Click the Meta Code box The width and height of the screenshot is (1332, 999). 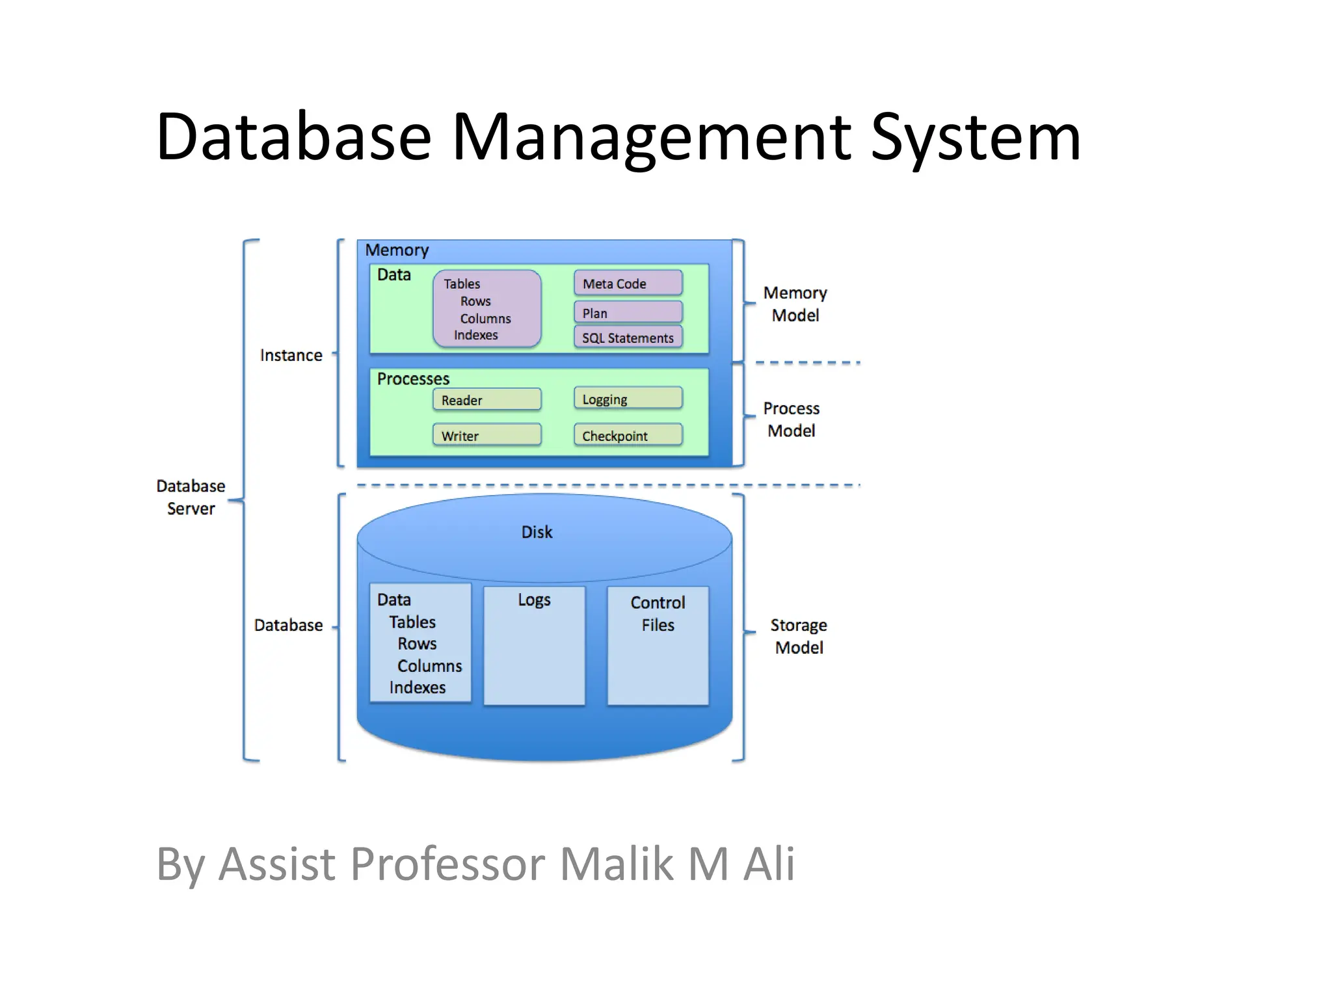628,283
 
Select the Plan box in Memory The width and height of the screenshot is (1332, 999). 628,312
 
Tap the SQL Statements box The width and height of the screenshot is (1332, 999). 628,337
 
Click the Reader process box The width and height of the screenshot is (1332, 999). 486,399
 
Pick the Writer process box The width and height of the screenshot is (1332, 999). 486,435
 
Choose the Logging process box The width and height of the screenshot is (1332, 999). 628,398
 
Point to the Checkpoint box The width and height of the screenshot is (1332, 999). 628,435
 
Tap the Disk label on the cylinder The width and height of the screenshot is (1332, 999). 537,532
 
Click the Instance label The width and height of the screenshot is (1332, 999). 291,355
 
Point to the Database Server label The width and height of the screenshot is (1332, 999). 191,497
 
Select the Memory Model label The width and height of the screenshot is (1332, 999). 794,304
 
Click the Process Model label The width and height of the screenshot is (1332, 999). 791,420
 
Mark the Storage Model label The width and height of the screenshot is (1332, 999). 799,636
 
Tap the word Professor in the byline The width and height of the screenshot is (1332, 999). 447,864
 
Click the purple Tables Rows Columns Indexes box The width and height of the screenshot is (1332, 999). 486,309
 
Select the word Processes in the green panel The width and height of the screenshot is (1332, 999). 413,379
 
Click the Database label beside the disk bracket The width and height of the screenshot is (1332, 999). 288,625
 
